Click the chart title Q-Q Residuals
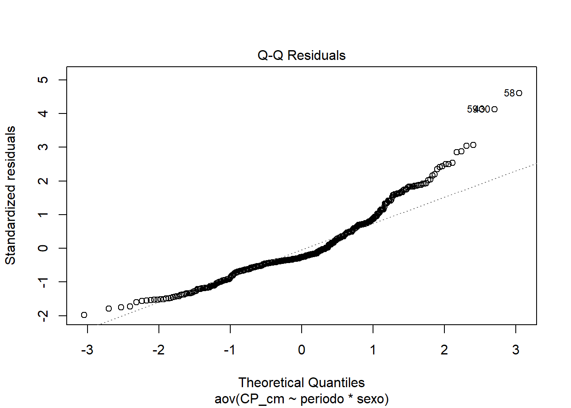click(x=301, y=55)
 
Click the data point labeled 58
click(x=519, y=93)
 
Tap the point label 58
click(x=509, y=93)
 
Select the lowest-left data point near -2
click(x=84, y=315)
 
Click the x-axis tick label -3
click(x=87, y=350)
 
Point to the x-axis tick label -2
click(x=158, y=350)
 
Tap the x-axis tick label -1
click(x=230, y=350)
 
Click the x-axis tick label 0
click(x=302, y=350)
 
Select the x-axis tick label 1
click(x=373, y=350)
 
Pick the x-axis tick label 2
click(x=444, y=350)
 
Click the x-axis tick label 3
click(x=516, y=350)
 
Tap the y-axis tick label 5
click(x=43, y=80)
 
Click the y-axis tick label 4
click(x=43, y=113)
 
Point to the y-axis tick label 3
click(x=43, y=147)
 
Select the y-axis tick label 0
click(x=43, y=248)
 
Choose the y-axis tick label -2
click(x=43, y=315)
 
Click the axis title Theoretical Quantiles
click(x=301, y=382)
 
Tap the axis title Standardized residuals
click(x=10, y=195)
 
